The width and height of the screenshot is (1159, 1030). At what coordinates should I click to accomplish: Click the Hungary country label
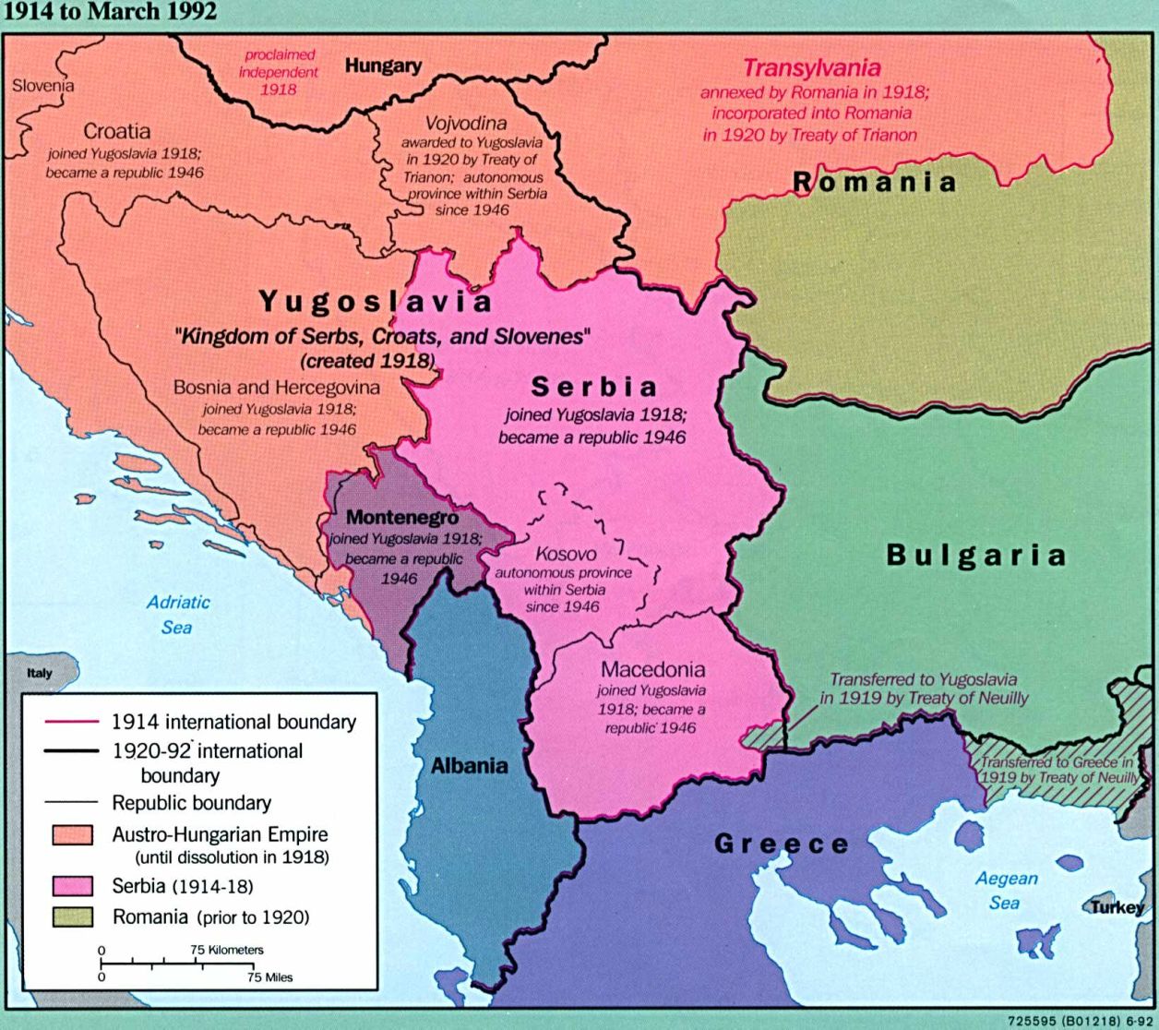click(383, 66)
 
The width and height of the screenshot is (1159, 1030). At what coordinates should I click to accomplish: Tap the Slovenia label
click(42, 86)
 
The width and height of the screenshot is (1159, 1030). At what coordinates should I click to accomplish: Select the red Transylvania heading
click(812, 68)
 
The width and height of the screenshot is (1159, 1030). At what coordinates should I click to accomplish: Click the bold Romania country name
click(875, 182)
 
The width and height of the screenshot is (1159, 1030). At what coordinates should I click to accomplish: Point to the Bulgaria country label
click(976, 555)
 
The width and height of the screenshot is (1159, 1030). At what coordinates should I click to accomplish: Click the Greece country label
click(782, 844)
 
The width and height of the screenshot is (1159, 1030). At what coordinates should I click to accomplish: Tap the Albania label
click(469, 765)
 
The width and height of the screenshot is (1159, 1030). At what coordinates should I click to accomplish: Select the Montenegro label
click(401, 518)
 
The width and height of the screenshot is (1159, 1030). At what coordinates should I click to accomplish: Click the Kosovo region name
click(566, 554)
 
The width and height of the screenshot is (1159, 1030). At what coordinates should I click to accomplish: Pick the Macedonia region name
click(652, 669)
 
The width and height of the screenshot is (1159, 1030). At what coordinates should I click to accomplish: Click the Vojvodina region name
click(465, 123)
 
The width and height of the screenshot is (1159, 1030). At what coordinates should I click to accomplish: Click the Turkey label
click(1117, 907)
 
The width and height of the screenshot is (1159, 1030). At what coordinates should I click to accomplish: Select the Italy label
click(40, 673)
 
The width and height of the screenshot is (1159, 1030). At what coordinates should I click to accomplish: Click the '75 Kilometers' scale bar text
click(227, 950)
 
